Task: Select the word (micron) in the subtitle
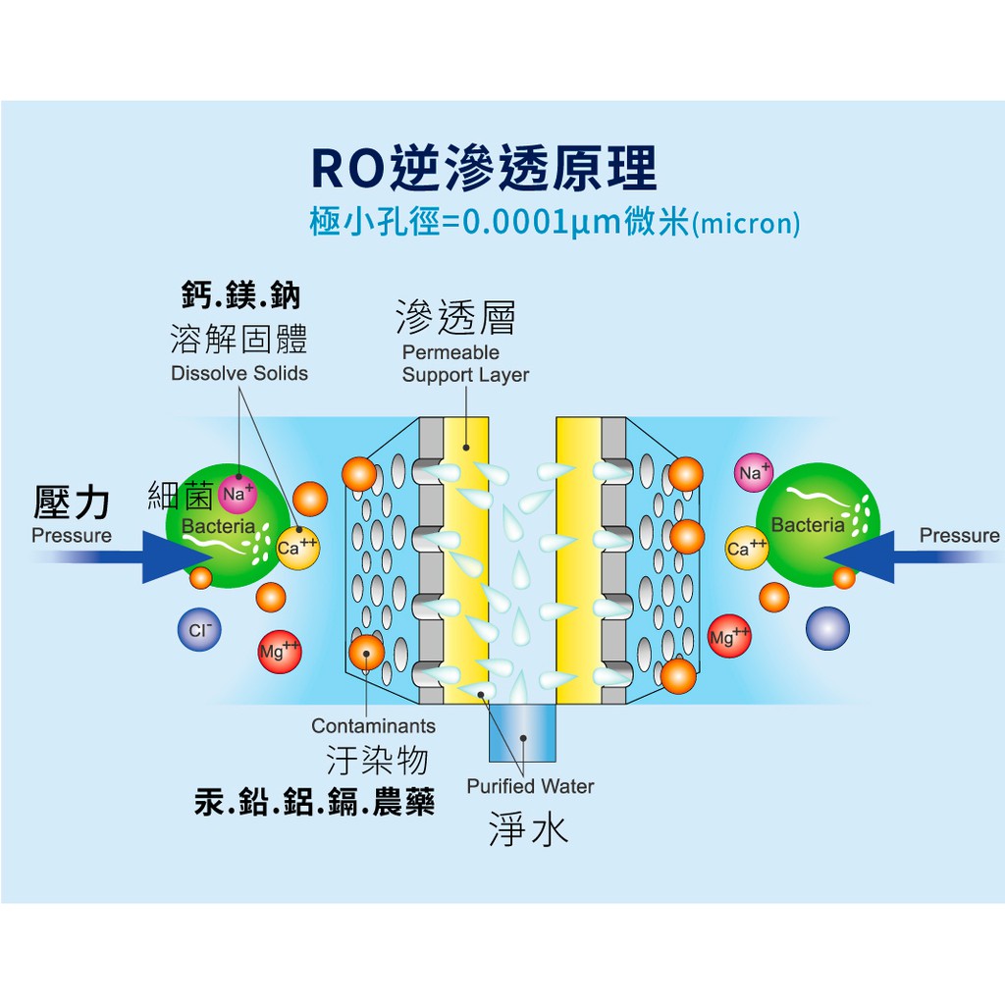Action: click(x=746, y=224)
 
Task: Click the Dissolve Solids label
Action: click(x=238, y=373)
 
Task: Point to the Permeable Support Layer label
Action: click(x=464, y=363)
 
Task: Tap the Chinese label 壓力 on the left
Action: click(x=71, y=502)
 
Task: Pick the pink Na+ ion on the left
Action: click(x=237, y=494)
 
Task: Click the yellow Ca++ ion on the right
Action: click(x=746, y=548)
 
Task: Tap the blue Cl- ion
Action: click(x=199, y=631)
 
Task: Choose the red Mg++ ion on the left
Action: click(x=279, y=652)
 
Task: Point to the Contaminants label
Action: click(x=373, y=726)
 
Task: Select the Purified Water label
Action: click(x=530, y=785)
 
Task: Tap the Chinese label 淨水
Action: click(x=528, y=830)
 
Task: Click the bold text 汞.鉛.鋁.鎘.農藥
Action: click(x=314, y=803)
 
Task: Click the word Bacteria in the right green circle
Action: click(x=807, y=525)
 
